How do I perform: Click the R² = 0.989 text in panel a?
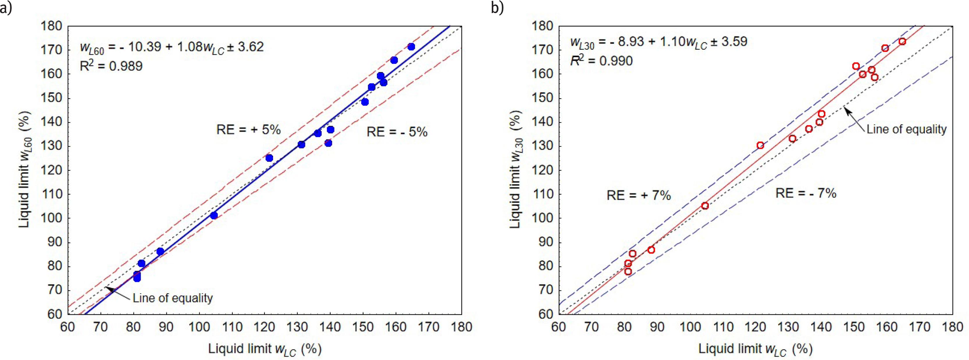point(111,66)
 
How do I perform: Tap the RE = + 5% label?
point(248,130)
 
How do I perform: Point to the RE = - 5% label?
point(397,132)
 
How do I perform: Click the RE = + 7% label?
point(639,195)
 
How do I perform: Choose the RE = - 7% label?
point(806,193)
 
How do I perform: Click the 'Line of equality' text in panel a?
point(173,298)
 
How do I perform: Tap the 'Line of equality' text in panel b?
point(906,129)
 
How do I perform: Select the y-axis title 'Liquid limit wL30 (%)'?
point(515,169)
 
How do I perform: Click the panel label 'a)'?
point(6,8)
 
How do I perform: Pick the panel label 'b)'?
point(497,8)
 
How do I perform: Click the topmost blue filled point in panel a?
point(411,47)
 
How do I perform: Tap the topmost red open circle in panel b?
point(902,41)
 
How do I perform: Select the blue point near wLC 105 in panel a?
point(214,215)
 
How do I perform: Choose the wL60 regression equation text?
point(172,47)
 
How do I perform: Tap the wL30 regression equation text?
point(658,42)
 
